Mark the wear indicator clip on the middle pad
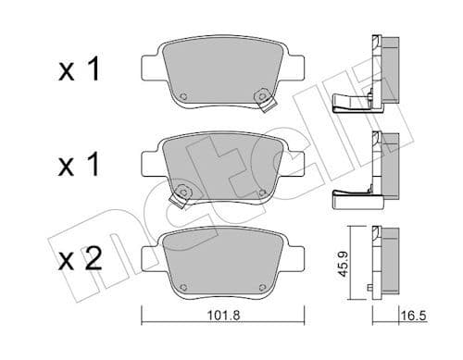point(176,195)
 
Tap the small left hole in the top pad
point(183,100)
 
